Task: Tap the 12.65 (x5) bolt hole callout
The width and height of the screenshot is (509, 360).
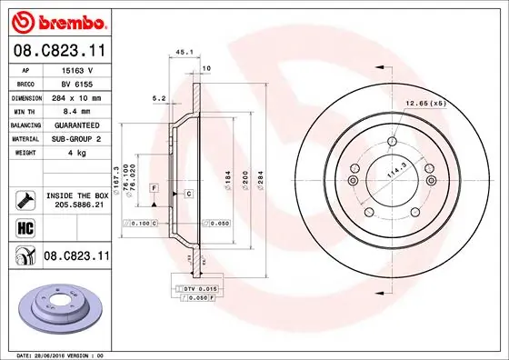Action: pyautogui.click(x=425, y=103)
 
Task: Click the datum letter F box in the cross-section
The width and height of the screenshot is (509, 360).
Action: pyautogui.click(x=155, y=186)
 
